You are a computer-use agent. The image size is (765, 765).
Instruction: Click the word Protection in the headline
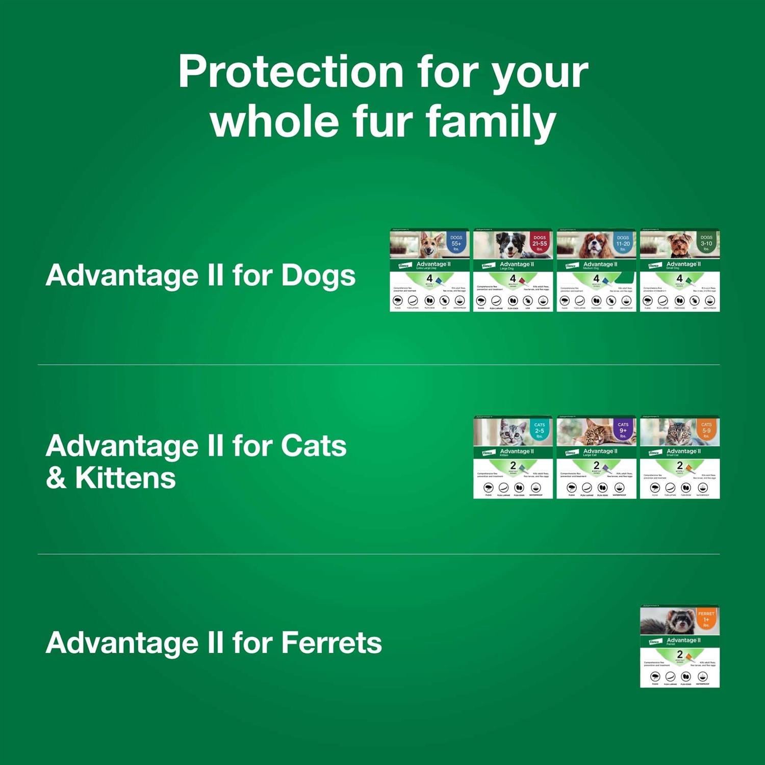(291, 72)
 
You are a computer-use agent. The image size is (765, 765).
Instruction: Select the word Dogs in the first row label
(318, 276)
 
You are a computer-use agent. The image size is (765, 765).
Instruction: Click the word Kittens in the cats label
(125, 478)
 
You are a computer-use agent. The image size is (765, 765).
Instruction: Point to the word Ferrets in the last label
(331, 643)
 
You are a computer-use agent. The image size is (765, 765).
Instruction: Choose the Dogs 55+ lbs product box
(429, 270)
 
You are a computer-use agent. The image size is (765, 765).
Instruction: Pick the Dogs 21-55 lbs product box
(513, 270)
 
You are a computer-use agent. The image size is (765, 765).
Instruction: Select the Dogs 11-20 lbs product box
(596, 270)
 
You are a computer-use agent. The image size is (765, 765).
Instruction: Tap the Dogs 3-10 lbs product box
(679, 270)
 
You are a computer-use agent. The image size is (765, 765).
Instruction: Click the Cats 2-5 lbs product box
(513, 457)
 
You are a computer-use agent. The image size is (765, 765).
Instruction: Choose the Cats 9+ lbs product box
(596, 457)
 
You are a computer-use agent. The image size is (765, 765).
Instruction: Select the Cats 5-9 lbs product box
(679, 457)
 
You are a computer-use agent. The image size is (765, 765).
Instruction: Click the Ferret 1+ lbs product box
(679, 646)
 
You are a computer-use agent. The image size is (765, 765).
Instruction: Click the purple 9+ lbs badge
(623, 429)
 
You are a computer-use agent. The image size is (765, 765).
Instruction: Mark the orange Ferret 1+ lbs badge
(706, 619)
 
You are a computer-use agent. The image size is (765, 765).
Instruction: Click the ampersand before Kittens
(56, 478)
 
